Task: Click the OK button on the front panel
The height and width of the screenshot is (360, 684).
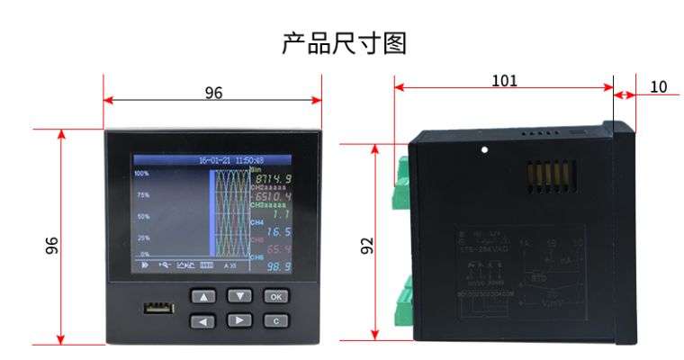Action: pyautogui.click(x=275, y=296)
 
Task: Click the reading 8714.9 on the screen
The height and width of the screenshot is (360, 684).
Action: pyautogui.click(x=272, y=179)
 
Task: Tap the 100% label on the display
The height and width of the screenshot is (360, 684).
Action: pyautogui.click(x=142, y=172)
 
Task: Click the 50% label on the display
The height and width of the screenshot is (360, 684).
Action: pyautogui.click(x=142, y=217)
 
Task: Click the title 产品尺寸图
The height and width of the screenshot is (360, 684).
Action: pyautogui.click(x=344, y=42)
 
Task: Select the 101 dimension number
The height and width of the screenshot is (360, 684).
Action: pyautogui.click(x=504, y=80)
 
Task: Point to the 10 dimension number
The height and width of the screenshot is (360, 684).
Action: pyautogui.click(x=658, y=86)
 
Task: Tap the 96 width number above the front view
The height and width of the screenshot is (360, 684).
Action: pyautogui.click(x=213, y=94)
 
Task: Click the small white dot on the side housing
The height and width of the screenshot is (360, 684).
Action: pyautogui.click(x=484, y=149)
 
